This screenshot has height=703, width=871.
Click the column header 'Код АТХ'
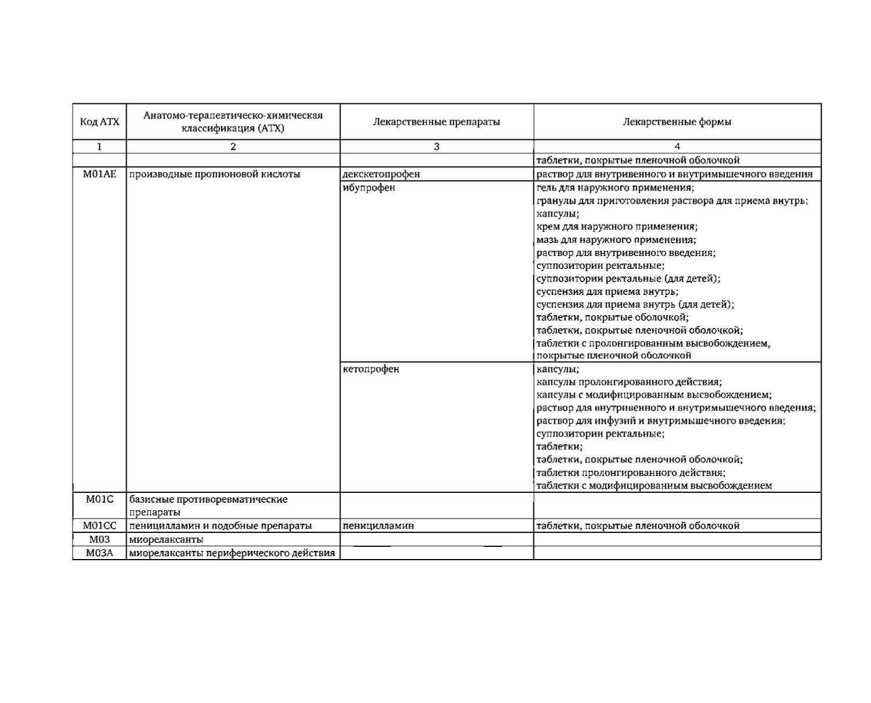pyautogui.click(x=99, y=122)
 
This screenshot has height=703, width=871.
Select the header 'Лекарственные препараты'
pyautogui.click(x=436, y=122)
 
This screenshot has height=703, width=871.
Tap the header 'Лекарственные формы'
pyautogui.click(x=677, y=122)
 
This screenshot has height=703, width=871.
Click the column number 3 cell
pyautogui.click(x=436, y=147)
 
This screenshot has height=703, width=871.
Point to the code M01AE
pyautogui.click(x=99, y=174)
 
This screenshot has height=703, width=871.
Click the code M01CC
pyautogui.click(x=99, y=526)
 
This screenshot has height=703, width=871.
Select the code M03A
pyautogui.click(x=99, y=553)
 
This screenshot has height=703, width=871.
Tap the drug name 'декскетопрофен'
pyautogui.click(x=381, y=174)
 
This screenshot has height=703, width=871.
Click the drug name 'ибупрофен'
pyautogui.click(x=369, y=188)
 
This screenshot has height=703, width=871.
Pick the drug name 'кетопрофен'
pyautogui.click(x=371, y=369)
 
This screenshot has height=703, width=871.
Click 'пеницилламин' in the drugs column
pyautogui.click(x=378, y=526)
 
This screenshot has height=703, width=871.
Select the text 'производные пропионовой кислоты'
pyautogui.click(x=214, y=174)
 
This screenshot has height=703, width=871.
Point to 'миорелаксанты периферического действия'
pyautogui.click(x=232, y=553)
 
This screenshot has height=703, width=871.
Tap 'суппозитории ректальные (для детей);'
pyautogui.click(x=628, y=279)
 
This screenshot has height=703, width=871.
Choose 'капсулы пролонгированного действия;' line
pyautogui.click(x=629, y=382)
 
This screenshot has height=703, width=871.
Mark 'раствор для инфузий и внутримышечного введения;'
pyautogui.click(x=661, y=421)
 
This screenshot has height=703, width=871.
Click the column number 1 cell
pyautogui.click(x=99, y=147)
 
